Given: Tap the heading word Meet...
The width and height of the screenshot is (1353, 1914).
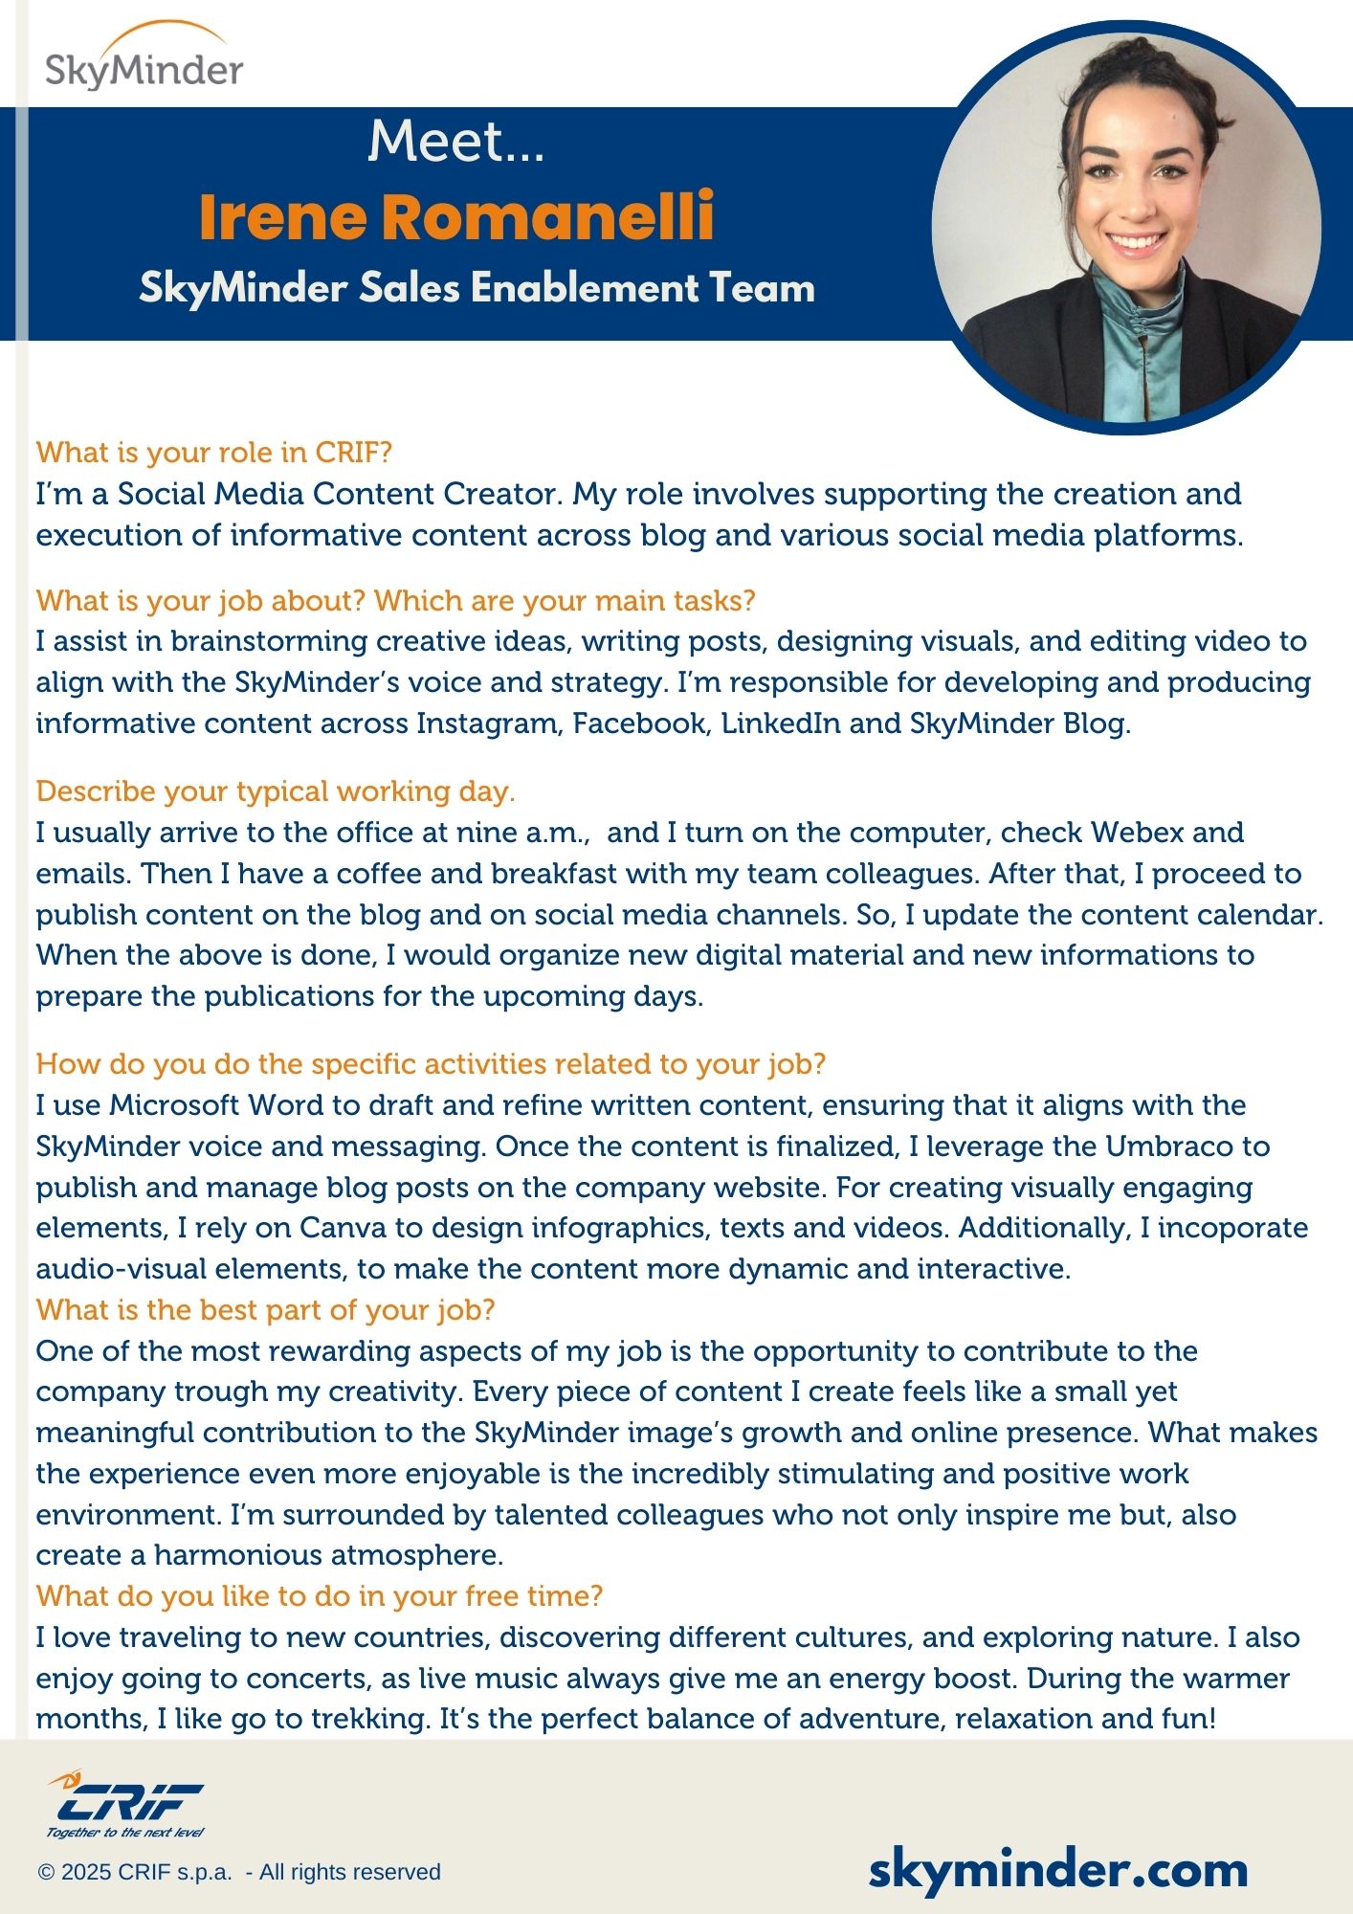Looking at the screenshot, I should click(x=455, y=142).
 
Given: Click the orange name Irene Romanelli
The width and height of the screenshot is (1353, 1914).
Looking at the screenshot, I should click(x=456, y=216).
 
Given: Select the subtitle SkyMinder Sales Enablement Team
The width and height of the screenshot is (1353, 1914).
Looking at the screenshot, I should click(x=477, y=288).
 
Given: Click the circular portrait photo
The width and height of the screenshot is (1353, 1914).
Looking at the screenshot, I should click(x=1126, y=228).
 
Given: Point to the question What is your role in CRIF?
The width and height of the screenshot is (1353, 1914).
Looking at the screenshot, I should click(x=214, y=452).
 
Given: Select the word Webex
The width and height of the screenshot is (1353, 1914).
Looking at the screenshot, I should click(x=1138, y=833).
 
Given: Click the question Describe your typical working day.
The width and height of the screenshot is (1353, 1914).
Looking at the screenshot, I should click(x=276, y=791).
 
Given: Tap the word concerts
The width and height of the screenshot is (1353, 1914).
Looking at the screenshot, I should click(x=305, y=1679).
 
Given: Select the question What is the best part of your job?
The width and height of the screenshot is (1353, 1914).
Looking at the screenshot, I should click(x=265, y=1310).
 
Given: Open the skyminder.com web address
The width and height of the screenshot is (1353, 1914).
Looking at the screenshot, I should click(x=1057, y=1870).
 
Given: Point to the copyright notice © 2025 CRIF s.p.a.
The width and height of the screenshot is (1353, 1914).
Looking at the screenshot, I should click(x=239, y=1872).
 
